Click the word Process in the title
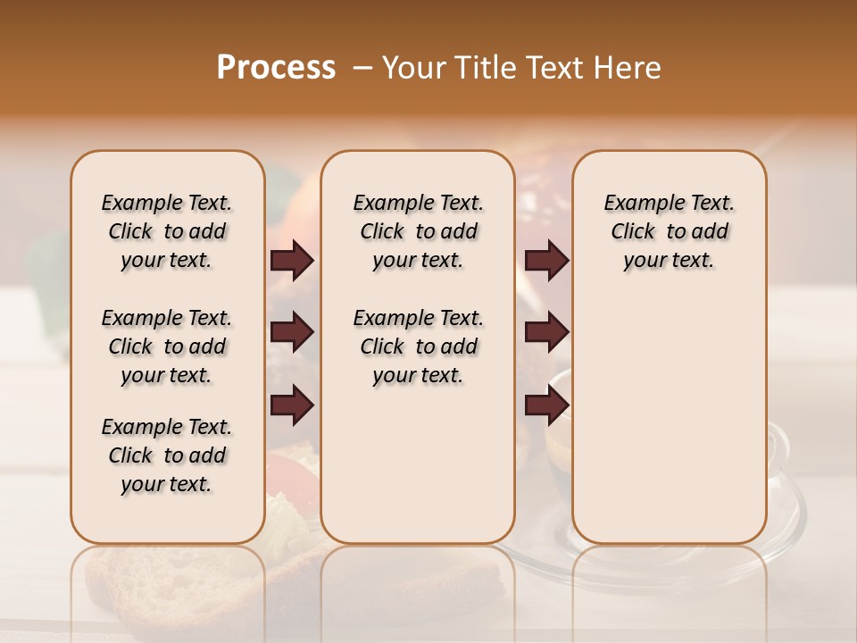[276, 68]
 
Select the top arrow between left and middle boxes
[292, 260]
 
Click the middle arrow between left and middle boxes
[292, 333]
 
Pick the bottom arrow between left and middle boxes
[292, 405]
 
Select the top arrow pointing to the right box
[546, 260]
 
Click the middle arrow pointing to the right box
[546, 333]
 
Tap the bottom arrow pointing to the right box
[546, 405]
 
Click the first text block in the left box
[167, 231]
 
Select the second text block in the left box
[167, 347]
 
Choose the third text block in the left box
[167, 455]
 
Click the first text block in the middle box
[418, 231]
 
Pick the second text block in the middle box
[418, 347]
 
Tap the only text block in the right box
[669, 231]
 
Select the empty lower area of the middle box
[418, 464]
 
